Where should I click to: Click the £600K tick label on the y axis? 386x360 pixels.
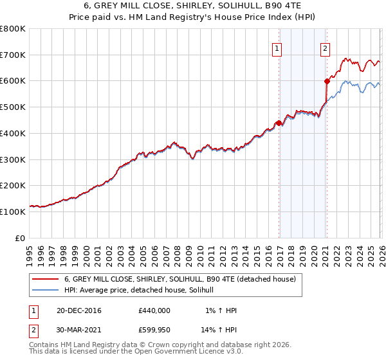pos(12,81)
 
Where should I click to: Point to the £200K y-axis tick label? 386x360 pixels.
pos(12,186)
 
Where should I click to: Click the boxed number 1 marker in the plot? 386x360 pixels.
pos(277,48)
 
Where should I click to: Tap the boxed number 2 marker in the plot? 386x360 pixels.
pos(326,48)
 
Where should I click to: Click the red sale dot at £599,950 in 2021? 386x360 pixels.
pos(327,81)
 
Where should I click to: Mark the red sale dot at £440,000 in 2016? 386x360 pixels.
pos(279,123)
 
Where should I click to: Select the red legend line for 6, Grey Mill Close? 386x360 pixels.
pos(44,279)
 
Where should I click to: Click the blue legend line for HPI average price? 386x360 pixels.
pos(44,291)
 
